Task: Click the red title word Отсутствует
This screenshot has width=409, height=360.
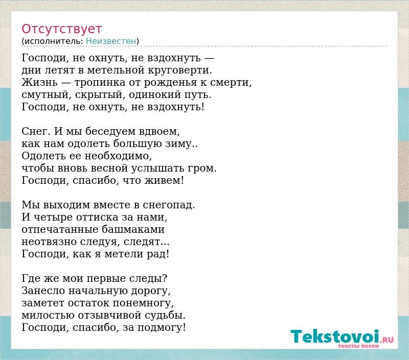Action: [x=61, y=29]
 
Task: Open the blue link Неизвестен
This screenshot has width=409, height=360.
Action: [x=111, y=41]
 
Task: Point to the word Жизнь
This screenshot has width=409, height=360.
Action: [x=39, y=82]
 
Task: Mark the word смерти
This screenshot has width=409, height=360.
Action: [x=231, y=83]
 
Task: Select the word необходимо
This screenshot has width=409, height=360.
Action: [x=118, y=156]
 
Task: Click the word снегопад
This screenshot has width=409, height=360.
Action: [x=169, y=205]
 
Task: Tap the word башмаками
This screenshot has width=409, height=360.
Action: [x=133, y=229]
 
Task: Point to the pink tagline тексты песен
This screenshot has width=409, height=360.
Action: [x=358, y=346]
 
